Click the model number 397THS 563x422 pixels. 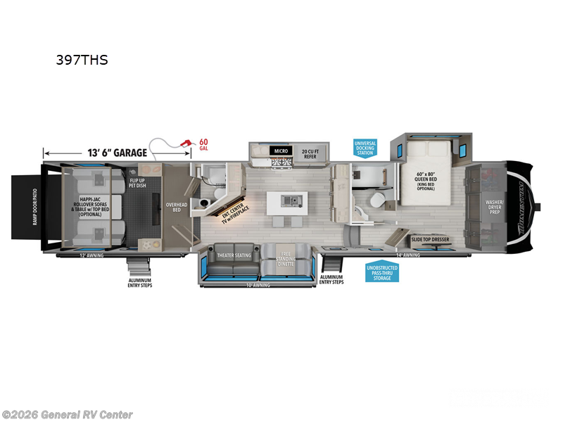(x=82, y=60)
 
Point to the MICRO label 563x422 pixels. (x=281, y=151)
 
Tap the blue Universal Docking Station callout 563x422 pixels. (x=365, y=148)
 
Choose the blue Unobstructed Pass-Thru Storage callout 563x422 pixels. (x=381, y=271)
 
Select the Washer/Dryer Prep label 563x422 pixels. (x=495, y=206)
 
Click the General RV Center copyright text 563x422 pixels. (x=67, y=414)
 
